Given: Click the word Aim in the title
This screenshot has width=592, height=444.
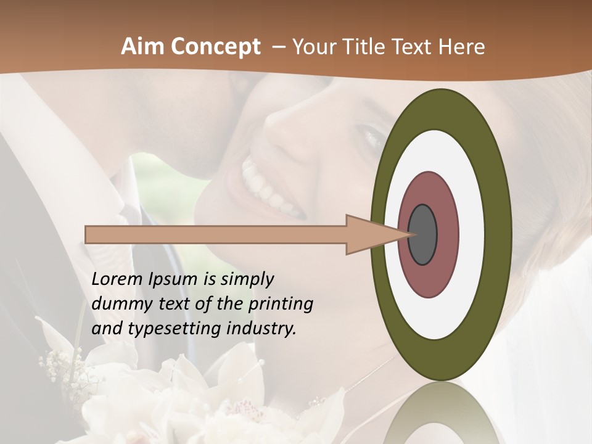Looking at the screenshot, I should click(142, 47).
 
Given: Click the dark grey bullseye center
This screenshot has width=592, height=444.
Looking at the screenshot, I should click(422, 234).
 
